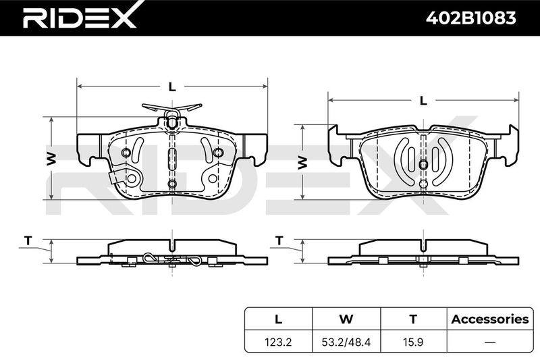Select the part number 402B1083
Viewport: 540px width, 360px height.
(470, 18)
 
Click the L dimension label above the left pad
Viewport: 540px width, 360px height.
(172, 87)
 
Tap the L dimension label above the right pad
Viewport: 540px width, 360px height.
(423, 101)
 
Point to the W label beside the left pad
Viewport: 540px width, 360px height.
(51, 159)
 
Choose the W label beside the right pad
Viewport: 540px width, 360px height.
(302, 162)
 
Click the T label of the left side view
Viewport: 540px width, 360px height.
(28, 240)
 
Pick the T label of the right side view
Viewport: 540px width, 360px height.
(279, 240)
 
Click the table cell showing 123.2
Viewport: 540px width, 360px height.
(278, 342)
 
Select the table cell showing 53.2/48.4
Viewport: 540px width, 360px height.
(346, 342)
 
